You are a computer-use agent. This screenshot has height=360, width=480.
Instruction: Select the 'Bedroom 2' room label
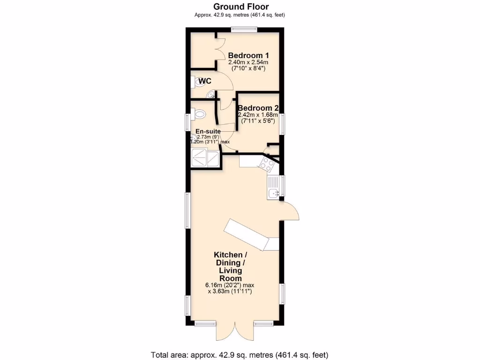(x=258, y=108)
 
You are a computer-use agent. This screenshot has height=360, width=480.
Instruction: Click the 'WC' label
(x=204, y=82)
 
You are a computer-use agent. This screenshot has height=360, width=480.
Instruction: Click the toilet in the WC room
(x=196, y=82)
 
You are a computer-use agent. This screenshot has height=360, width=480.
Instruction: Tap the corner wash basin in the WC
(x=212, y=95)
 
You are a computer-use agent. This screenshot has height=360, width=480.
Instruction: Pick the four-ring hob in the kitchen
(x=268, y=164)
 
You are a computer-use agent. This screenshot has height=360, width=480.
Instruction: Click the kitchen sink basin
(x=272, y=193)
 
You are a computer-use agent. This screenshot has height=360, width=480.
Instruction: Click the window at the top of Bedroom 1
(x=243, y=30)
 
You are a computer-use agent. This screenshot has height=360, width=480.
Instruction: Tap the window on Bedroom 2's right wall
(x=283, y=124)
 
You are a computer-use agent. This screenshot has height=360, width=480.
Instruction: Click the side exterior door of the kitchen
(x=291, y=211)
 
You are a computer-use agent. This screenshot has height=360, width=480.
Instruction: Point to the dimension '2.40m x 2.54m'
(x=248, y=62)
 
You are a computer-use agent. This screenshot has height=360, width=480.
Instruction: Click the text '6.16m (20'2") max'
(x=230, y=285)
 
